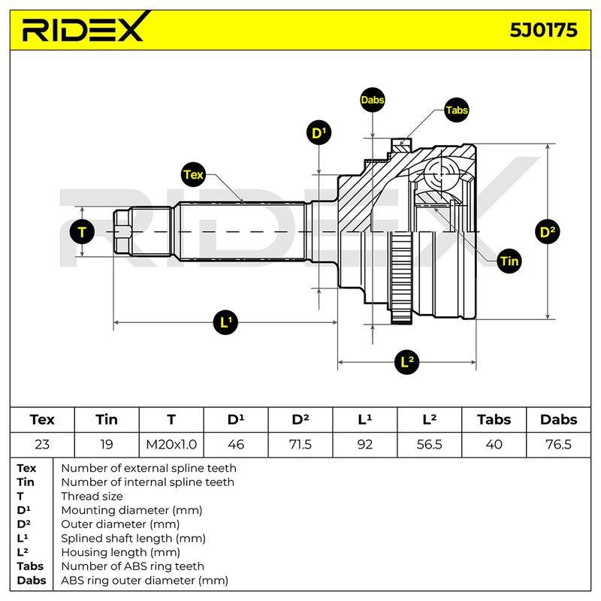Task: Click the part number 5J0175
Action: (x=543, y=30)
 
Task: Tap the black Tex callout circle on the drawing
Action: (x=193, y=175)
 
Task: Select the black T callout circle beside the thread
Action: (x=82, y=232)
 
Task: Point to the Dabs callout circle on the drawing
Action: (x=372, y=100)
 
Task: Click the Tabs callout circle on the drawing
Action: (x=457, y=110)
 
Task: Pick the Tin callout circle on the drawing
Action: (x=509, y=261)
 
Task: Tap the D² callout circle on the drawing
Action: (x=548, y=231)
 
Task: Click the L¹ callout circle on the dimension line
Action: (x=226, y=322)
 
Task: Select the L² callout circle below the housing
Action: (x=406, y=362)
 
